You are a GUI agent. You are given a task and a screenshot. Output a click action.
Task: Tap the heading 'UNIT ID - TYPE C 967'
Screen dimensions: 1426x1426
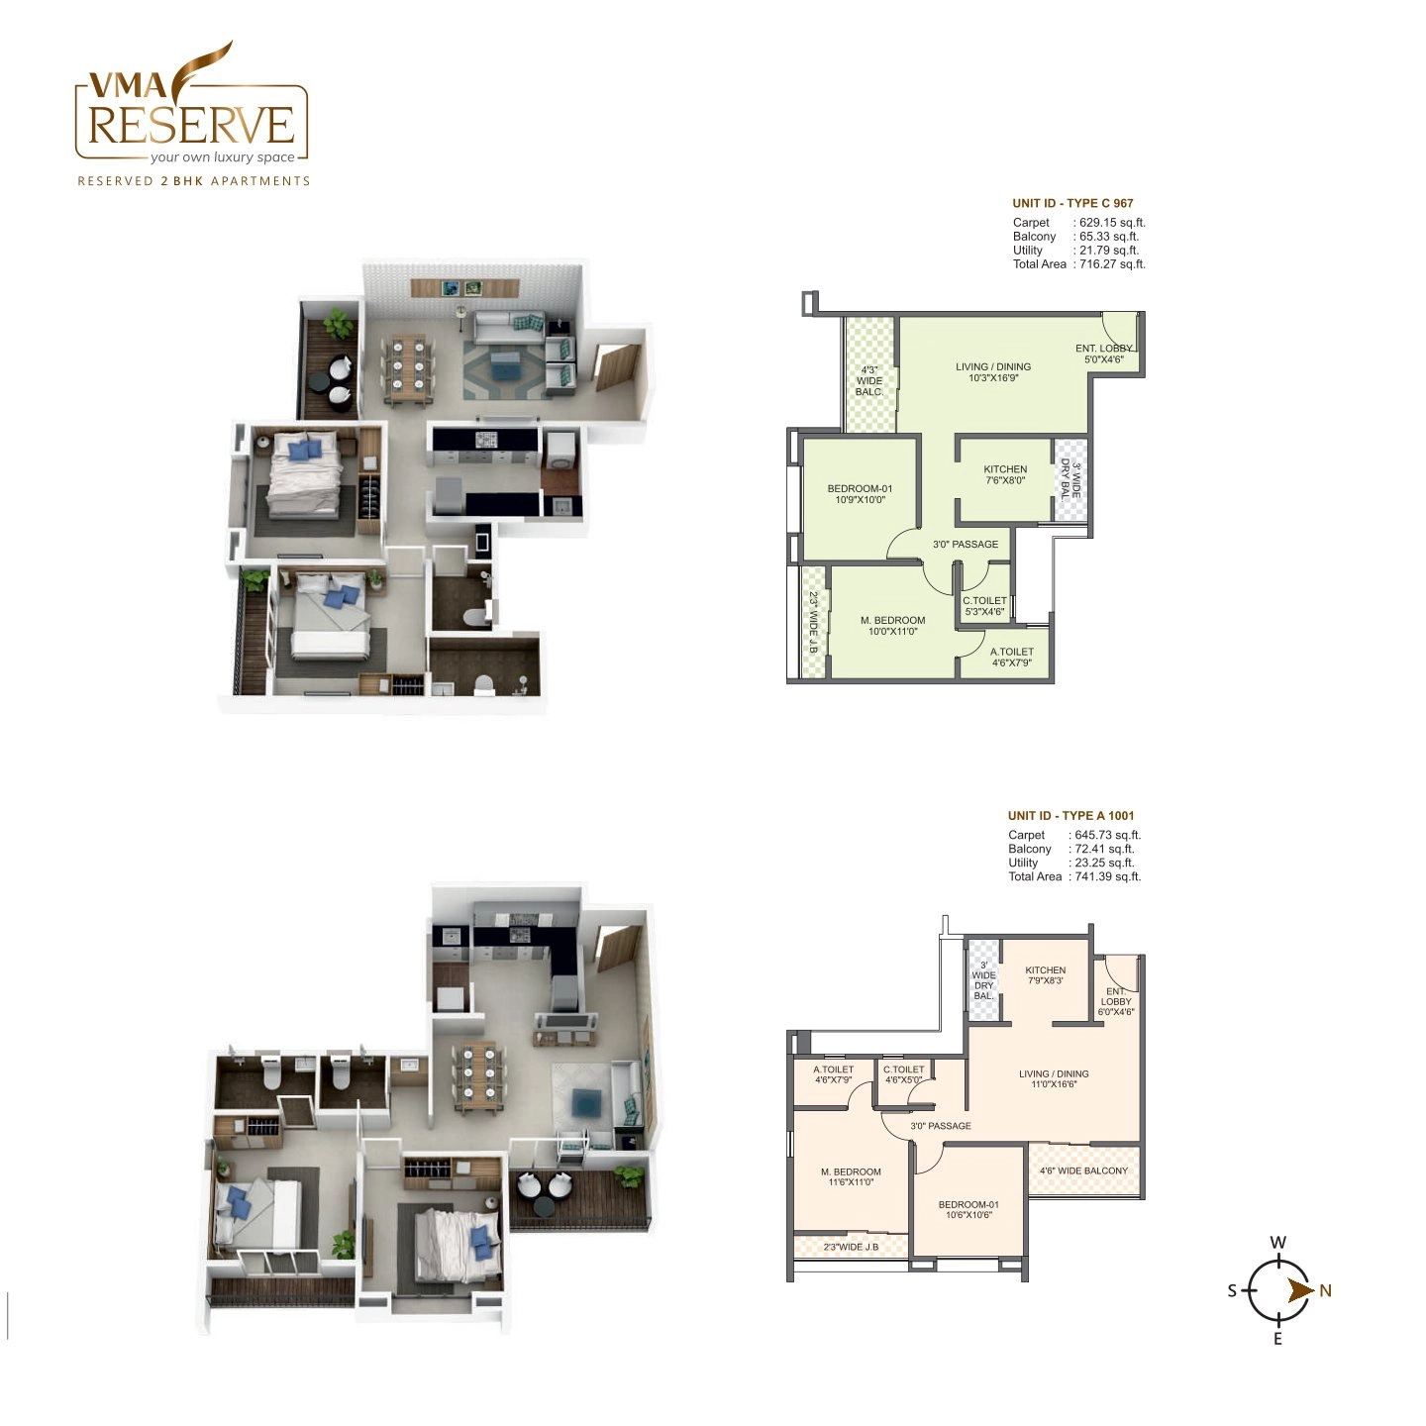click(x=1072, y=203)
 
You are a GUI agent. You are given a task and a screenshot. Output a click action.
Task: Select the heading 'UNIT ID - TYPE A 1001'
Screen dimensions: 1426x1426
click(x=1070, y=816)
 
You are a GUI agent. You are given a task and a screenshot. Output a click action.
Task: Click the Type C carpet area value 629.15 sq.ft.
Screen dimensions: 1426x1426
click(x=1112, y=223)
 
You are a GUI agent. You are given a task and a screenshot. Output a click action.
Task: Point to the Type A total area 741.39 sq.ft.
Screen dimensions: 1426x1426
click(x=1107, y=876)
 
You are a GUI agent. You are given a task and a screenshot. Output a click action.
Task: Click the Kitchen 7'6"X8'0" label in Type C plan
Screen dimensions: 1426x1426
click(x=1005, y=474)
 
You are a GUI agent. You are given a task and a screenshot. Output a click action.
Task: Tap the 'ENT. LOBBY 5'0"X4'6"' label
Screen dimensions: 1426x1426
click(x=1104, y=354)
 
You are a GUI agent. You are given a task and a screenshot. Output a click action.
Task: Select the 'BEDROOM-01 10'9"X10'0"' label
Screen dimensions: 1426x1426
click(x=860, y=494)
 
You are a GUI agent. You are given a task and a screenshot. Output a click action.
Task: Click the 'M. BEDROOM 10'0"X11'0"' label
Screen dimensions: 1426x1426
click(x=892, y=626)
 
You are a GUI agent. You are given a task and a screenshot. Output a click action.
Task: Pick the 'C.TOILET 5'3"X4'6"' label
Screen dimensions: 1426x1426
click(x=984, y=606)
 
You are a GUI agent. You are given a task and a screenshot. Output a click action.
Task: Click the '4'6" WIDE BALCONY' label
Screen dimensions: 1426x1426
click(x=1083, y=1171)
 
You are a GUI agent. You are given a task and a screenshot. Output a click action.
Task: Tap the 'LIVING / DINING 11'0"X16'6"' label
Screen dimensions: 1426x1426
click(x=1054, y=1078)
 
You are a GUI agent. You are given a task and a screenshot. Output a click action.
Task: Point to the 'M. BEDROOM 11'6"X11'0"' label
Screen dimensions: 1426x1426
click(x=851, y=1176)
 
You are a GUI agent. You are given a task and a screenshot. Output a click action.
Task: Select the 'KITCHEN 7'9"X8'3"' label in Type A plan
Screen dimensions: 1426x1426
click(x=1046, y=975)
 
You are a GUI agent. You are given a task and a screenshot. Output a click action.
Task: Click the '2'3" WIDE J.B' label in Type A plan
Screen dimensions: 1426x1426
click(x=851, y=1247)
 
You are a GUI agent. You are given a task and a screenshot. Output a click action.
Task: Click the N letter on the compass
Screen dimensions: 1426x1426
click(x=1325, y=1290)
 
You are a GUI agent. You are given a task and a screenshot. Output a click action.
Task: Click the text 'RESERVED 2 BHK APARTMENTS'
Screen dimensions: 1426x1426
click(x=194, y=181)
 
